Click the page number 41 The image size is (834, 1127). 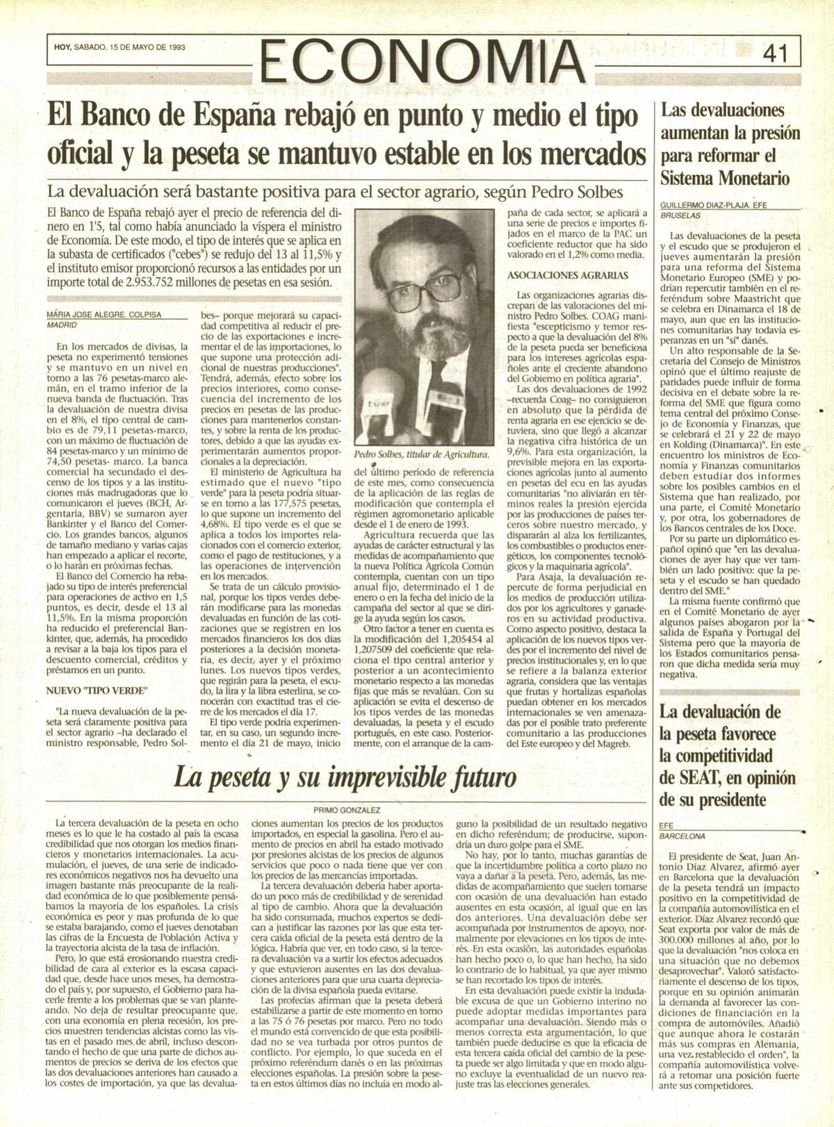tap(774, 54)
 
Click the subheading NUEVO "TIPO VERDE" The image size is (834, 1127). tap(97, 690)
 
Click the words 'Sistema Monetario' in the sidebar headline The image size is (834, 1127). tap(726, 177)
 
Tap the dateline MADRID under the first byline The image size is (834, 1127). tap(62, 325)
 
